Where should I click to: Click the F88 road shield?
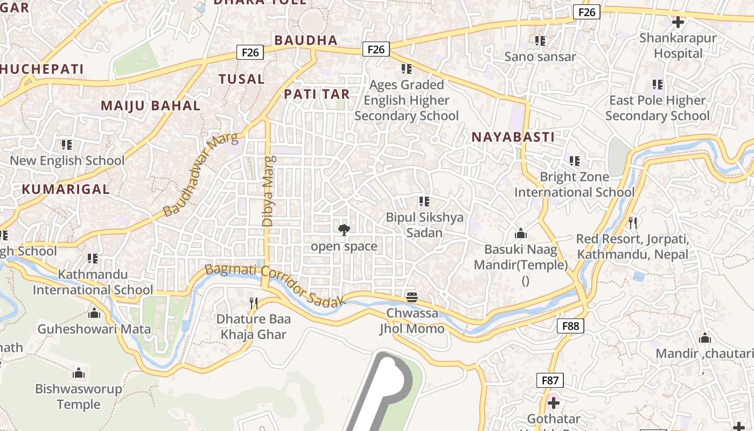click(570, 325)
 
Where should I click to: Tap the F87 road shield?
click(550, 380)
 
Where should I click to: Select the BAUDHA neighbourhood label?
click(306, 40)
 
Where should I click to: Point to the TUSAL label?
click(241, 79)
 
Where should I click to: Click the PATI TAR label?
click(317, 94)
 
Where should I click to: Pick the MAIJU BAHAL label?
click(151, 106)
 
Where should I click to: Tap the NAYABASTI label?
click(513, 137)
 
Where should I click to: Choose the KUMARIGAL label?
click(66, 189)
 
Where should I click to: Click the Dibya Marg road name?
click(268, 191)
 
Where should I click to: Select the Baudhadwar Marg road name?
click(200, 175)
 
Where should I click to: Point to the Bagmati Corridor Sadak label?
click(275, 286)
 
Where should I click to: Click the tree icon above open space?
click(344, 231)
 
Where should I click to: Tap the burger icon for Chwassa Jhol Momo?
click(412, 297)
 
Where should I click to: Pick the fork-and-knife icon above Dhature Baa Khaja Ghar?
click(254, 303)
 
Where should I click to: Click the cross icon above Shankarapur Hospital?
click(678, 22)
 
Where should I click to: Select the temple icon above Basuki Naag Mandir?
click(520, 233)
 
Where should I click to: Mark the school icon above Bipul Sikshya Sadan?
click(424, 201)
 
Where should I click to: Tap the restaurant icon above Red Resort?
click(633, 223)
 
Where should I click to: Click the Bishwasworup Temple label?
click(79, 397)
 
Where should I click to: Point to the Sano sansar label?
click(540, 57)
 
